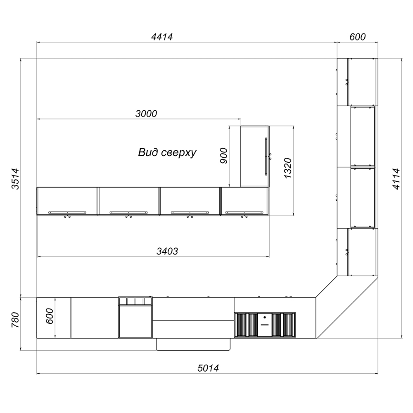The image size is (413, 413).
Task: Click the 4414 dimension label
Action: pyautogui.click(x=162, y=37)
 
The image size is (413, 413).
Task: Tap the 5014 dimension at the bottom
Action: pyautogui.click(x=208, y=368)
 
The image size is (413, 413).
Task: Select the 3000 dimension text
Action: pyautogui.click(x=146, y=114)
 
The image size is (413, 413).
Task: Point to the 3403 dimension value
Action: pyautogui.click(x=167, y=251)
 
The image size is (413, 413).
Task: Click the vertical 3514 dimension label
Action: pyautogui.click(x=15, y=179)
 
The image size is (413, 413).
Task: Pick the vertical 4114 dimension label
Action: pyautogui.click(x=396, y=179)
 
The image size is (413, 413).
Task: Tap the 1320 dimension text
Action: pyautogui.click(x=288, y=168)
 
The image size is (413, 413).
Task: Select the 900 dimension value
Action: pyautogui.click(x=223, y=156)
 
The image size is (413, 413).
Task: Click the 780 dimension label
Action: pyautogui.click(x=15, y=320)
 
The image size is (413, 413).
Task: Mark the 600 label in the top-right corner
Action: pyautogui.click(x=357, y=37)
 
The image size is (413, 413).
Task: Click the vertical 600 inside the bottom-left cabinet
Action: pyautogui.click(x=50, y=316)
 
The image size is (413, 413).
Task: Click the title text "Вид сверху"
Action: pyautogui.click(x=167, y=152)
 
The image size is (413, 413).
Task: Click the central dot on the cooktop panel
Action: pyautogui.click(x=265, y=317)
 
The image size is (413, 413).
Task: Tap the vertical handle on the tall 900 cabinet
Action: pyautogui.click(x=266, y=157)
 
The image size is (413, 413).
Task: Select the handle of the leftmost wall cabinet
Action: pyautogui.click(x=67, y=212)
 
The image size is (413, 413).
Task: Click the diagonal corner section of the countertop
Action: pyautogui.click(x=347, y=307)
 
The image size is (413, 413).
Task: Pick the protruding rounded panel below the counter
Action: pyautogui.click(x=193, y=344)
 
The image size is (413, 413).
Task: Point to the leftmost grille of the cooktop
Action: pyautogui.click(x=241, y=325)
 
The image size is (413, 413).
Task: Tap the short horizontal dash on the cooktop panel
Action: pyautogui.click(x=265, y=325)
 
